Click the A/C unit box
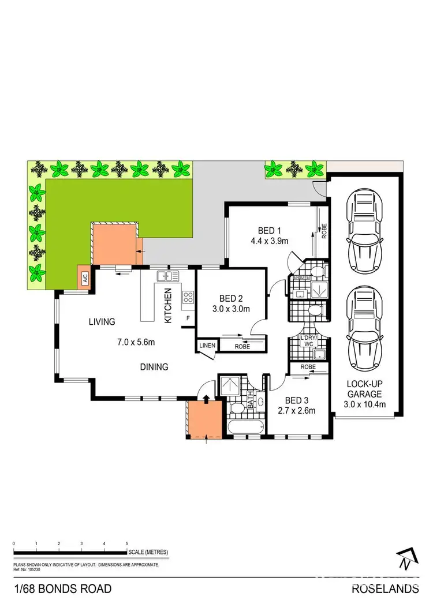[x=83, y=275]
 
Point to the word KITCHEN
[x=169, y=305]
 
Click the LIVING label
[x=102, y=321]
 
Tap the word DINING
[x=153, y=366]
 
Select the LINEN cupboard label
[x=207, y=346]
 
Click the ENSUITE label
[x=302, y=278]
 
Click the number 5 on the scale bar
[x=127, y=543]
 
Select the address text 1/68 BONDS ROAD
[x=62, y=589]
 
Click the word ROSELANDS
[x=385, y=589]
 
